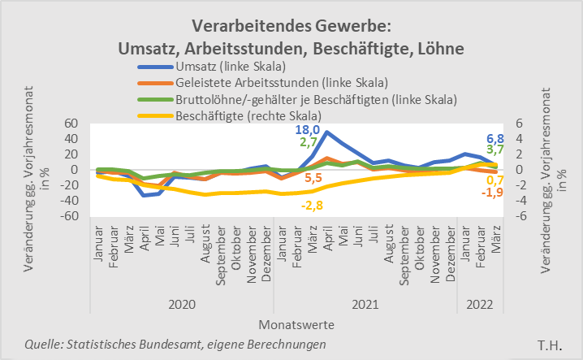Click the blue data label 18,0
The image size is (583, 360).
[x=305, y=130]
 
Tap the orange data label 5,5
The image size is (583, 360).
[x=313, y=178]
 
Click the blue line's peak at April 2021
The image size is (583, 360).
[x=327, y=132]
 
